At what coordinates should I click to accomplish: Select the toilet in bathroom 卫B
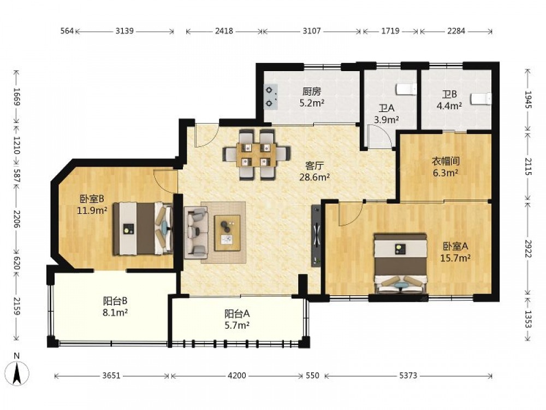(481, 98)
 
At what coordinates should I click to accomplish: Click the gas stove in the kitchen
(271, 97)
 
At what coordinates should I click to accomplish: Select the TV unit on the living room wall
(317, 236)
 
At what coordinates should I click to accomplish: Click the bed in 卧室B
(143, 229)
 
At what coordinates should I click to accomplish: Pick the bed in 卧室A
(400, 263)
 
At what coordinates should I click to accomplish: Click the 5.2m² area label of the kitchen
(312, 103)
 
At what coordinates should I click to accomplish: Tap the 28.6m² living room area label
(315, 177)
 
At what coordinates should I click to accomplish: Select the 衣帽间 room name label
(446, 161)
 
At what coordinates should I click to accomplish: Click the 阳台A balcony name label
(237, 314)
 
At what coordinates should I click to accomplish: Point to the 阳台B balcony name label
(115, 301)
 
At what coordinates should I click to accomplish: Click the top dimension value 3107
(311, 31)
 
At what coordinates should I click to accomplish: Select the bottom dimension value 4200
(237, 376)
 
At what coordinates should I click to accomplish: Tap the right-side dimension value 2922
(529, 249)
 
